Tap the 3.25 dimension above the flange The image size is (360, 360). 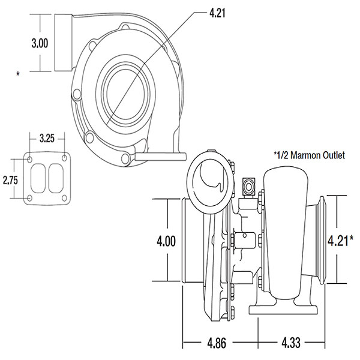click(x=47, y=139)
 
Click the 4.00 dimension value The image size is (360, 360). click(x=166, y=242)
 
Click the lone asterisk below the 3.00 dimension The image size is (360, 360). click(x=19, y=74)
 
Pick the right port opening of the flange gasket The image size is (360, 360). click(x=55, y=179)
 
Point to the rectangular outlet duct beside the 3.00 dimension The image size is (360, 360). click(x=64, y=42)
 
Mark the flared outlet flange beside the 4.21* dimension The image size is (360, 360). click(x=318, y=240)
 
